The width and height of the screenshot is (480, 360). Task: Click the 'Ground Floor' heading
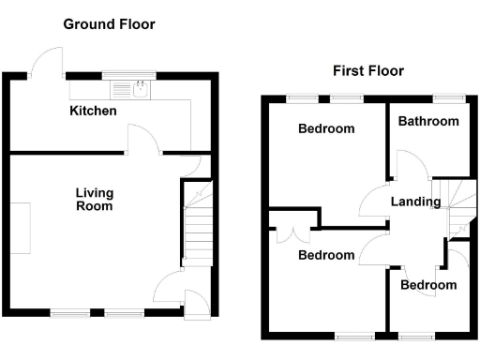click(x=109, y=23)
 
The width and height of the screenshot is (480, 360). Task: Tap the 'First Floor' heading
click(x=367, y=70)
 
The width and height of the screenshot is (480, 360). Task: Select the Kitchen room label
click(x=94, y=112)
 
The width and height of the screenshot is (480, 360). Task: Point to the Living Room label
click(x=94, y=199)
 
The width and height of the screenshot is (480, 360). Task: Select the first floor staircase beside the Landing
click(x=457, y=208)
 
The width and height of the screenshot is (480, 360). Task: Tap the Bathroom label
click(x=428, y=121)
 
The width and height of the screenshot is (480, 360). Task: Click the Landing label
click(x=416, y=202)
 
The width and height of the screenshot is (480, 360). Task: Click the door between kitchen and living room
click(x=142, y=141)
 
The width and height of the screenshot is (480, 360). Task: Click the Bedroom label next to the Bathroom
click(x=326, y=128)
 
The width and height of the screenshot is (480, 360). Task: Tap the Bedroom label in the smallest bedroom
click(x=428, y=285)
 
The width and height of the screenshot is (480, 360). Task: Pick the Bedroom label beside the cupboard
click(x=326, y=255)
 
